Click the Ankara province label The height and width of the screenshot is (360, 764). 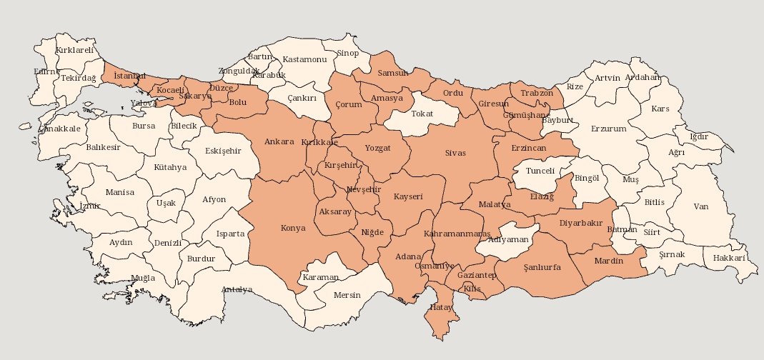279,141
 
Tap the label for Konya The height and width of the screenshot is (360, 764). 294,229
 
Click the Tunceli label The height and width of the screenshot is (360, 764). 540,171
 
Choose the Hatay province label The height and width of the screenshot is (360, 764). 440,307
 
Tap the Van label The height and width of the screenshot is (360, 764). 701,206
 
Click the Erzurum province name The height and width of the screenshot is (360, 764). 608,129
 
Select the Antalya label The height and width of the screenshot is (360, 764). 237,289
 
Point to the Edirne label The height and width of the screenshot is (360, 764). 47,71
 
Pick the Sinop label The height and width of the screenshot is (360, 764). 348,53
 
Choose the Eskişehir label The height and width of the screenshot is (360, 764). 223,151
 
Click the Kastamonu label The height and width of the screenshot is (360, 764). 304,59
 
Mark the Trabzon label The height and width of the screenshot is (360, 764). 537,93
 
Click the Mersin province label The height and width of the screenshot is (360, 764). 347,295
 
